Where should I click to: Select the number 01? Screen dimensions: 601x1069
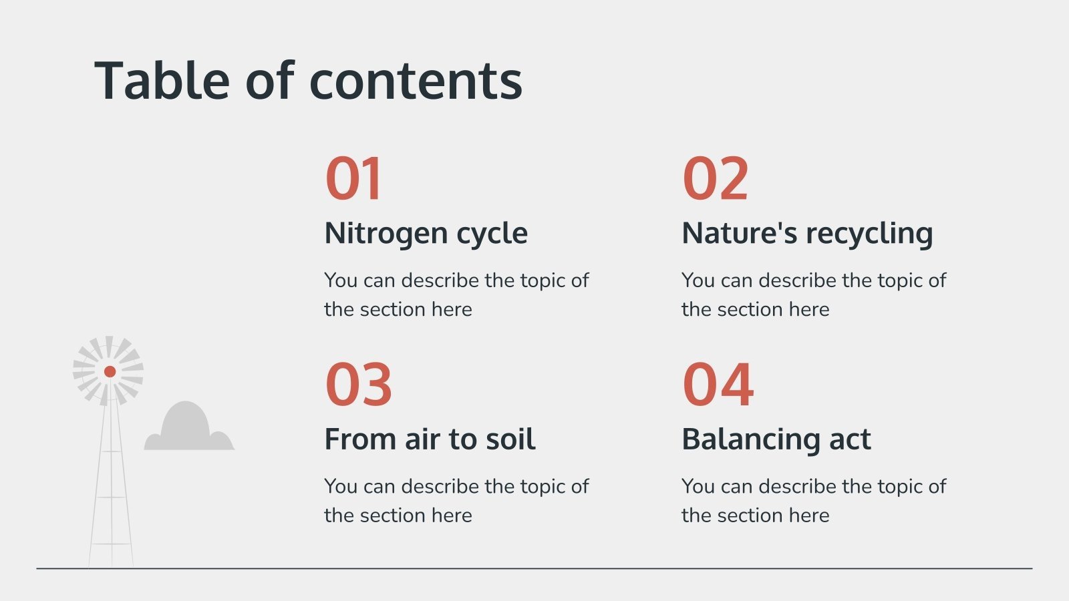353,178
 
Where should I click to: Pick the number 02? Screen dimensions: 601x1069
715,178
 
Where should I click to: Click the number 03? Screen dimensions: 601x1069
358,385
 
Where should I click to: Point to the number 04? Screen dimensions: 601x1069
718,385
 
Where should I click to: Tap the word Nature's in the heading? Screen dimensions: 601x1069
739,234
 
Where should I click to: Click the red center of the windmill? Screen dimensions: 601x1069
110,371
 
